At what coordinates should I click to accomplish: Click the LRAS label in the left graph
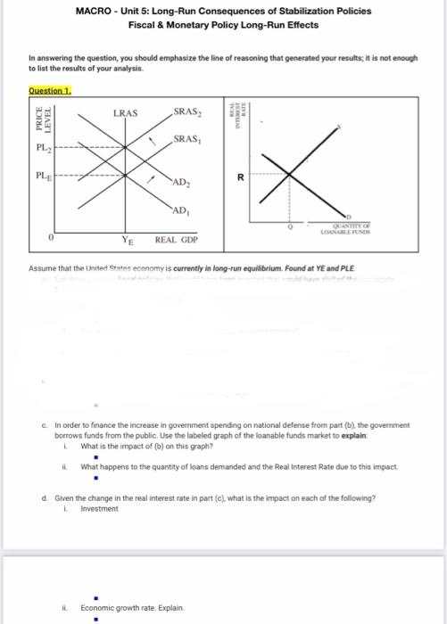[x=125, y=113]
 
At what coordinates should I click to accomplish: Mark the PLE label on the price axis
[x=39, y=177]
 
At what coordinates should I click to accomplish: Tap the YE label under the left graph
[x=128, y=240]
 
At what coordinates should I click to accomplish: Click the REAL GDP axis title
[x=176, y=240]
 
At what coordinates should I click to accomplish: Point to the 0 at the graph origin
[x=53, y=238]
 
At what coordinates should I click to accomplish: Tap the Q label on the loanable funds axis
[x=289, y=226]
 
